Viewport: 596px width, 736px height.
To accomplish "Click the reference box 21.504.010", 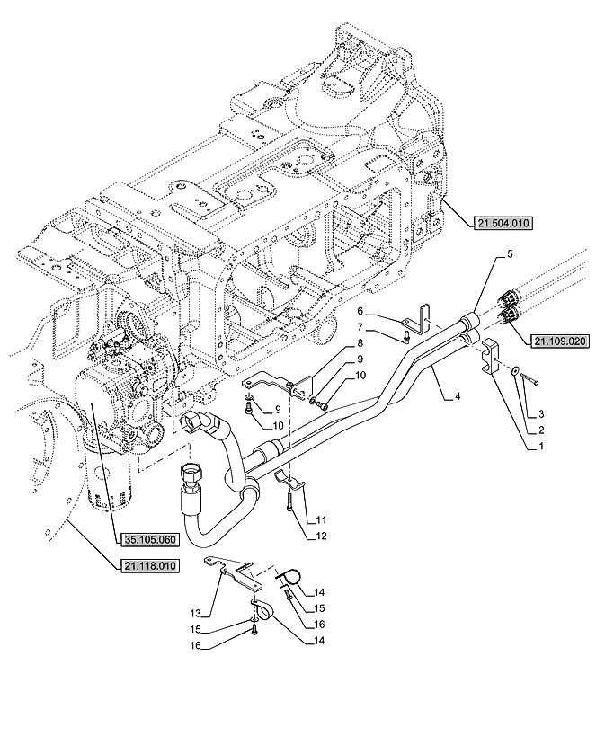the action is point(503,224).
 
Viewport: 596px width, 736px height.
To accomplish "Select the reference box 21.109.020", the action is point(559,341).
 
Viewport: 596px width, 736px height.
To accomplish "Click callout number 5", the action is point(510,254).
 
